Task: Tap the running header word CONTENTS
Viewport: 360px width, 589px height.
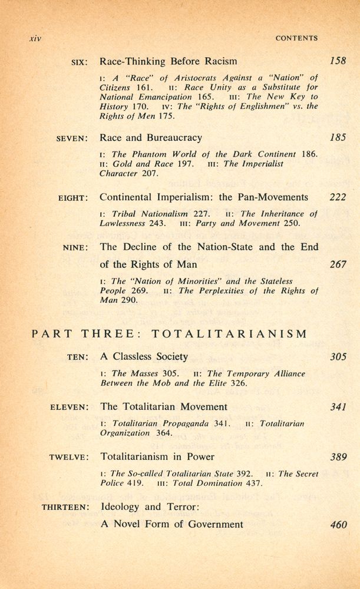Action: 296,38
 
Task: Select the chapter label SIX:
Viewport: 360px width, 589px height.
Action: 79,61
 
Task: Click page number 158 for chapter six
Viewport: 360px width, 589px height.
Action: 338,61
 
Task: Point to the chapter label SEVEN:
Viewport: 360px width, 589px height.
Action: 72,138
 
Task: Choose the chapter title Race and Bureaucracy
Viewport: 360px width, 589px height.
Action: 151,138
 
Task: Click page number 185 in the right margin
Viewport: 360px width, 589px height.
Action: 338,138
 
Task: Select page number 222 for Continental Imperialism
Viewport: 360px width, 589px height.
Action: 338,197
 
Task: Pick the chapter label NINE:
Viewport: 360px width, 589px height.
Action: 75,248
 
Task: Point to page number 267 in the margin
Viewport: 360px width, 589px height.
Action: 338,264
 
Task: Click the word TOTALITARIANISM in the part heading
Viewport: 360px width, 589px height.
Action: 229,334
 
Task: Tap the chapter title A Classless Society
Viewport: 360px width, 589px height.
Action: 144,356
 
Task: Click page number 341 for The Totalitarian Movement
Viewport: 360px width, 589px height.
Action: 338,406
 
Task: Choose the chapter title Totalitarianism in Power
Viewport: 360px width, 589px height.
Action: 157,456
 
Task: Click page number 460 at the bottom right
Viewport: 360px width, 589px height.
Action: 338,524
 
